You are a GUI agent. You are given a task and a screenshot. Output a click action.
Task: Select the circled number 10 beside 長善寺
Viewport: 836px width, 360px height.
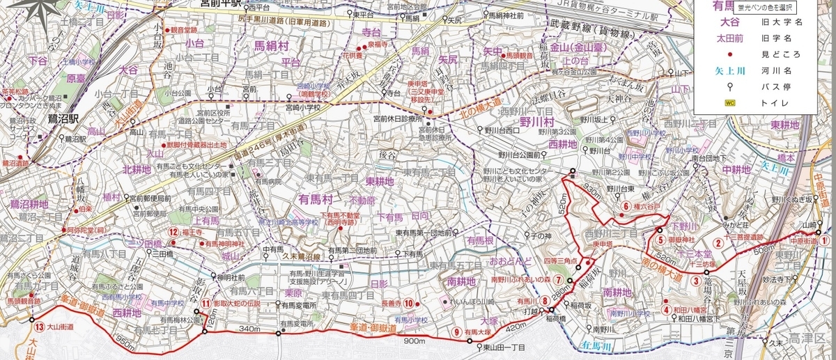(x=410, y=303)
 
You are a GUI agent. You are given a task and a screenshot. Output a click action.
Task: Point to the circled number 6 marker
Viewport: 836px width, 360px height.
(x=626, y=205)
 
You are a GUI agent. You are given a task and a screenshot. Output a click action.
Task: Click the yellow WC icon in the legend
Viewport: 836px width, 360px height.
(x=730, y=102)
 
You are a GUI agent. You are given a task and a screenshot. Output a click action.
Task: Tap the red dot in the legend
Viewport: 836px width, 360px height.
(x=731, y=54)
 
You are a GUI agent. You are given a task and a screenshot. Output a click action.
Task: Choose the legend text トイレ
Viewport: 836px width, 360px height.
(x=783, y=102)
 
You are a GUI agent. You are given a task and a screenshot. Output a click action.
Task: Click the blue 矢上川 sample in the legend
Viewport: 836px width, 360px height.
(x=730, y=70)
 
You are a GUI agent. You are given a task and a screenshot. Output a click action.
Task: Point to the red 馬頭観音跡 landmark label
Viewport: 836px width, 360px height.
(x=24, y=301)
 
